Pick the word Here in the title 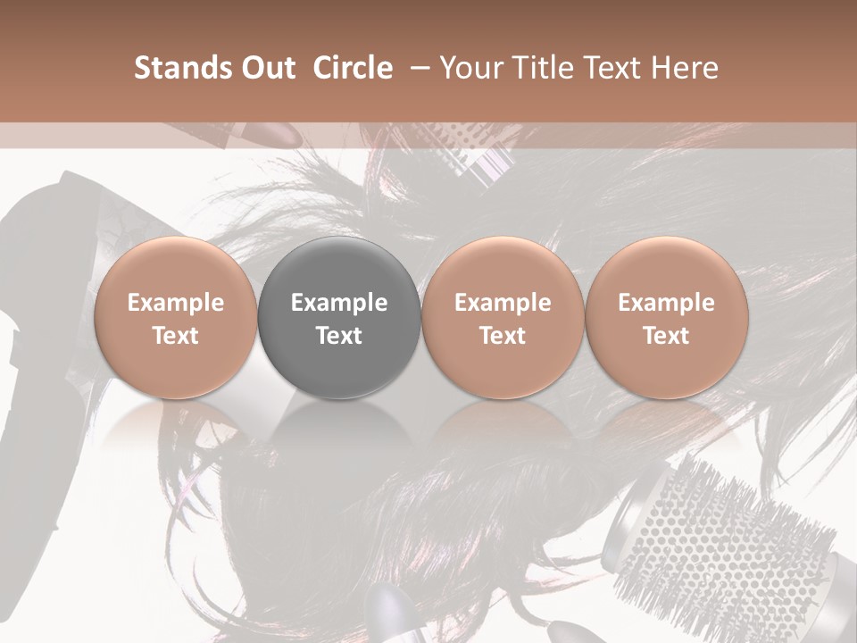pos(684,68)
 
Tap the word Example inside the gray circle pos(339,303)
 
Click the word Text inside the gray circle pos(339,336)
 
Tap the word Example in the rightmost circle pos(667,303)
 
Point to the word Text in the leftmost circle pos(175,336)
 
